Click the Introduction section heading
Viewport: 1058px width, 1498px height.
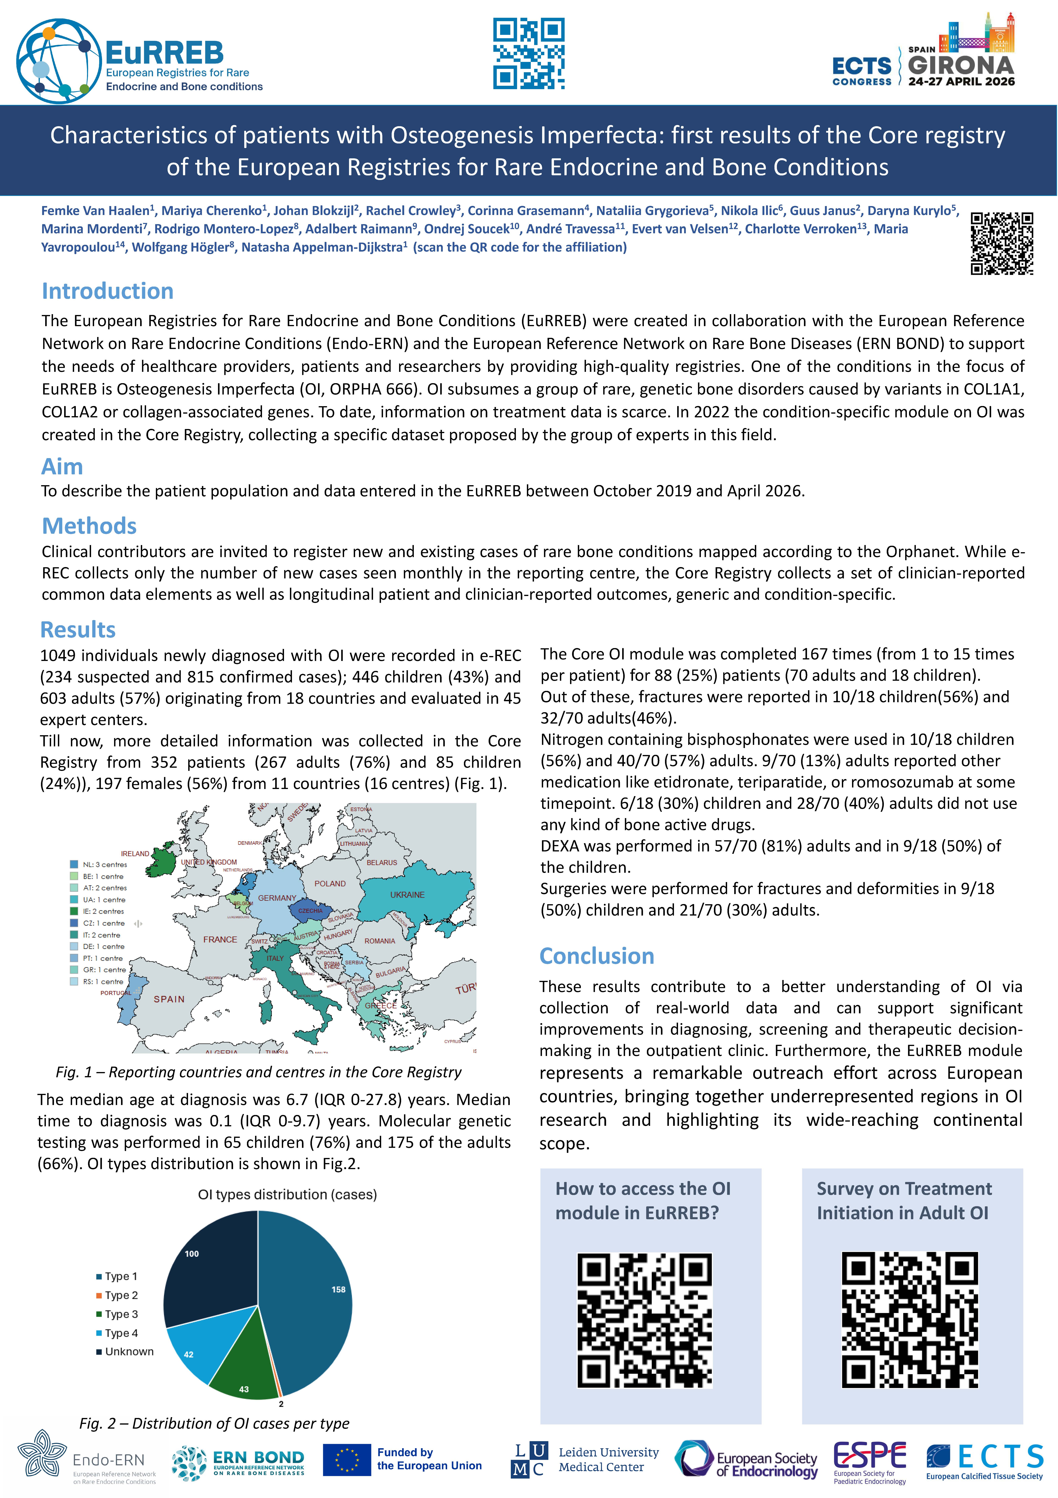click(x=108, y=291)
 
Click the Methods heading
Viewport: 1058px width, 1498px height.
click(x=89, y=526)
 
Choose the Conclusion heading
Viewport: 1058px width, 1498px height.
click(x=597, y=956)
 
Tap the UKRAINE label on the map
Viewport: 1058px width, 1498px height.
click(x=407, y=895)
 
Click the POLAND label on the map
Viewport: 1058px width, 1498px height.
click(x=330, y=883)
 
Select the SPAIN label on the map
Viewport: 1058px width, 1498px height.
click(x=169, y=999)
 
